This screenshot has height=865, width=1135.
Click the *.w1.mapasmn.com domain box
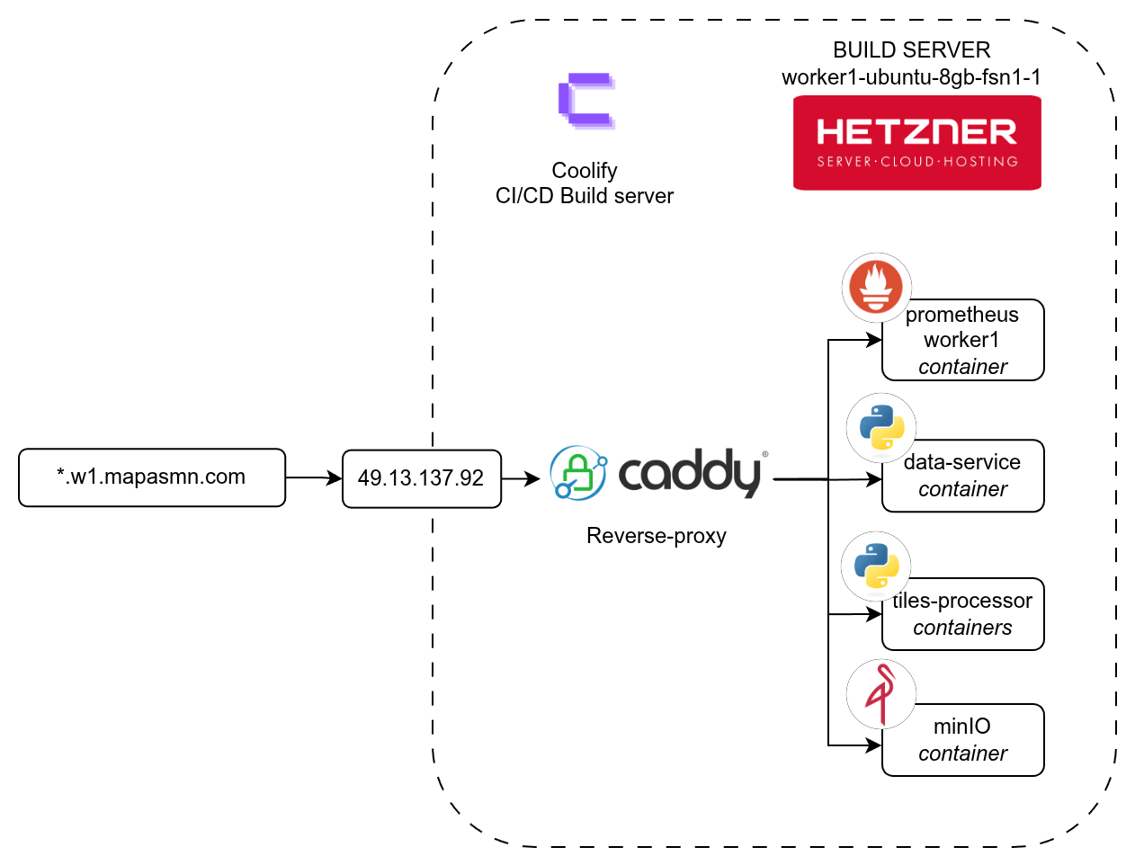152,477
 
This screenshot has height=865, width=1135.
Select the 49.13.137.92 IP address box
421,478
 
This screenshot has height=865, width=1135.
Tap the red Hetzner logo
916,143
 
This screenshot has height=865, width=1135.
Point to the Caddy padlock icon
577,473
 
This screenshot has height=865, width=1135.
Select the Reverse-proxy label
656,536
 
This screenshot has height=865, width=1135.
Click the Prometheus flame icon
877,287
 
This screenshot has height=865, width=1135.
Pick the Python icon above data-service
881,427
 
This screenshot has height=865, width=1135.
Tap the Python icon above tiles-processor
876,566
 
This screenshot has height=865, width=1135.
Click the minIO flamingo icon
880,694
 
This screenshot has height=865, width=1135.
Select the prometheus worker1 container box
962,341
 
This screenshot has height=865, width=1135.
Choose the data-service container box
962,477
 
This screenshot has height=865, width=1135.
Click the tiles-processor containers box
962,614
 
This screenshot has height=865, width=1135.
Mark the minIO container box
962,740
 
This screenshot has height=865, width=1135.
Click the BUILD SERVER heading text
911,50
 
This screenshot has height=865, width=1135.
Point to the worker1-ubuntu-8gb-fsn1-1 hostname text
911,77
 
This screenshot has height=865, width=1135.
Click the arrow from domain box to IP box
313,478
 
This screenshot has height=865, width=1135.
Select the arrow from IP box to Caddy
520,479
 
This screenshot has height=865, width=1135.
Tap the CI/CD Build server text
584,196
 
